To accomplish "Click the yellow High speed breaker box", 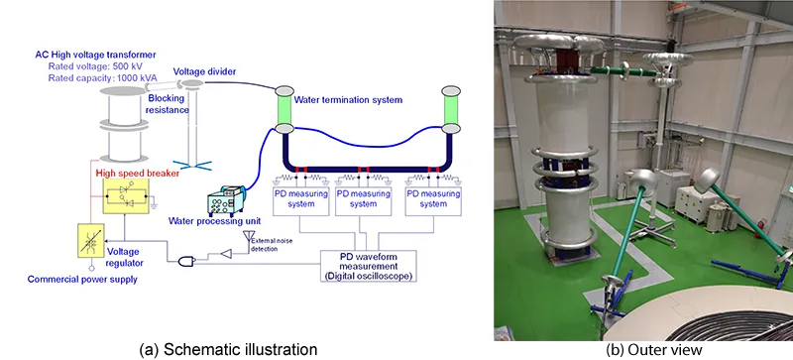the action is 126,196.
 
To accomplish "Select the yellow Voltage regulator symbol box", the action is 91,241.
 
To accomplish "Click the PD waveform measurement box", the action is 368,266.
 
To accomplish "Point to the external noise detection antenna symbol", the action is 248,237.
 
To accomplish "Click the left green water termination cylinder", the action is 283,109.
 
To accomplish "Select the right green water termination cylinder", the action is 451,109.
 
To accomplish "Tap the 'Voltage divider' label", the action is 205,71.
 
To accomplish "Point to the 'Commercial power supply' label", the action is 82,279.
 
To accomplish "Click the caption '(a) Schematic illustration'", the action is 228,349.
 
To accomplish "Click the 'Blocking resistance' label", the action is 169,105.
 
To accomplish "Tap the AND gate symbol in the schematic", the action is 186,261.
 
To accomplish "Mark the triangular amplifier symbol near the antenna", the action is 226,254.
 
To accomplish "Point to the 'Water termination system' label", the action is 348,100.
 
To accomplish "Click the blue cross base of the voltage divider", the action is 192,164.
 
